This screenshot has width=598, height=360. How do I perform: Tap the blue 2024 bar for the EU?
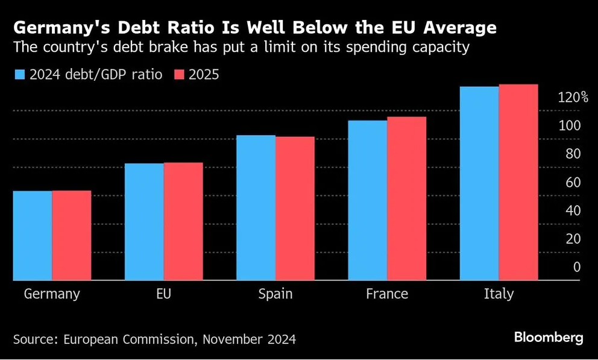pos(144,221)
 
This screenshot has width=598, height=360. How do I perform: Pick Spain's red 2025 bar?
pos(295,208)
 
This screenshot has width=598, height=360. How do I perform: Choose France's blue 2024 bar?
pos(368,200)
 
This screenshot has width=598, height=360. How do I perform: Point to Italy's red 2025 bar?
pos(518,182)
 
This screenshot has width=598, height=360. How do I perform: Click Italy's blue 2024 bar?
pos(479,183)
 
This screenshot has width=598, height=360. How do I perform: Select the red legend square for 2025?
pos(179,75)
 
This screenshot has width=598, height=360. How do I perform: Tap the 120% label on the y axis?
pos(573,97)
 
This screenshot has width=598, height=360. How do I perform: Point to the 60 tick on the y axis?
pos(573,182)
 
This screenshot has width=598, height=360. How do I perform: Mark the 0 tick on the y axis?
pos(577,267)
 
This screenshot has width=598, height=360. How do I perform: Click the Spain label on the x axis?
pos(275,294)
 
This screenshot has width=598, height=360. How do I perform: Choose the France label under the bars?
pos(387,294)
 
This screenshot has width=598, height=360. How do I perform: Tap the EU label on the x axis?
pos(163,294)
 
